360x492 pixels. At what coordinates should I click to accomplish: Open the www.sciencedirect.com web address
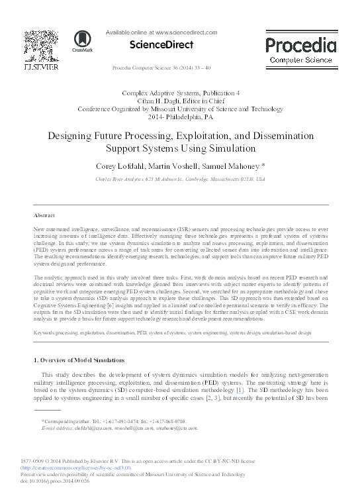click(185, 32)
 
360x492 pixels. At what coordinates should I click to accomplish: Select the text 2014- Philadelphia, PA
click(180, 116)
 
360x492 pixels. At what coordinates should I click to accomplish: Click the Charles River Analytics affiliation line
click(180, 179)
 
